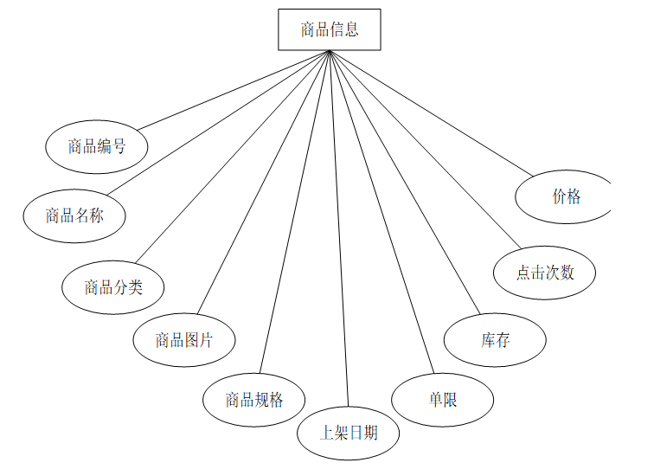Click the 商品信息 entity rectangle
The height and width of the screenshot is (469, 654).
(329, 29)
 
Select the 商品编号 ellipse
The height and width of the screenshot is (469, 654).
(97, 146)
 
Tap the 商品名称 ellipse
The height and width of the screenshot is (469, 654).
(74, 215)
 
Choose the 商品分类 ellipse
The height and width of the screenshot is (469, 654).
(113, 287)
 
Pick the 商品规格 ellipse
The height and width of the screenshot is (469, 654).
(254, 400)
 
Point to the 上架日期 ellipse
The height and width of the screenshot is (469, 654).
(349, 432)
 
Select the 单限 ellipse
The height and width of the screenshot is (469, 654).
(443, 400)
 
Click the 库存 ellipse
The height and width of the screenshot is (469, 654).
(496, 340)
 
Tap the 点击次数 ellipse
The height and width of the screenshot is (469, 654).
(545, 273)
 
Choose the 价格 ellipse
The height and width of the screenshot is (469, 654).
(566, 196)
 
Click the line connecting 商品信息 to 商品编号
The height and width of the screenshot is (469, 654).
(234, 90)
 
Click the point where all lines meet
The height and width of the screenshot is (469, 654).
(330, 52)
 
